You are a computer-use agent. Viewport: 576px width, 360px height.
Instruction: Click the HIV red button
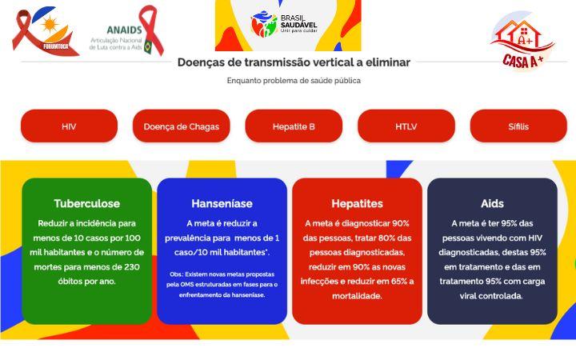(x=69, y=126)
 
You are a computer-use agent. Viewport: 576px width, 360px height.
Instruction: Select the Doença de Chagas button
(x=181, y=126)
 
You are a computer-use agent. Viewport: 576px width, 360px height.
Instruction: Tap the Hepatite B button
(x=294, y=126)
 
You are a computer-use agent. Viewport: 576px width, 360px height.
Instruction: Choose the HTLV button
(x=406, y=126)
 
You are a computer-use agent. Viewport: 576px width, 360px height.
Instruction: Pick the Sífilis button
(x=518, y=126)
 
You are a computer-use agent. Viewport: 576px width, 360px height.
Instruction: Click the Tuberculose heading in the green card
(x=86, y=203)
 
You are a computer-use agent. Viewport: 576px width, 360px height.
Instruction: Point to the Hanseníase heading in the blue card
(x=222, y=203)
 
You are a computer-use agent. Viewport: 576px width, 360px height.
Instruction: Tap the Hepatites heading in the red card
(x=357, y=203)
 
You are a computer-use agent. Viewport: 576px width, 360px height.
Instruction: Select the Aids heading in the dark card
(x=492, y=203)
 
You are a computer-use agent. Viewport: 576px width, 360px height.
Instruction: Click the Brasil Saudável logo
(x=285, y=24)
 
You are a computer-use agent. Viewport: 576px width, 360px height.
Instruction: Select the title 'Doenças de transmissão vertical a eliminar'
(x=294, y=62)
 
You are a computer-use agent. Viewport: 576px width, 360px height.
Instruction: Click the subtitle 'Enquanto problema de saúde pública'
(x=294, y=80)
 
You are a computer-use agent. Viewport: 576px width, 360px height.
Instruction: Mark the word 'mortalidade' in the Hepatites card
(x=357, y=295)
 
